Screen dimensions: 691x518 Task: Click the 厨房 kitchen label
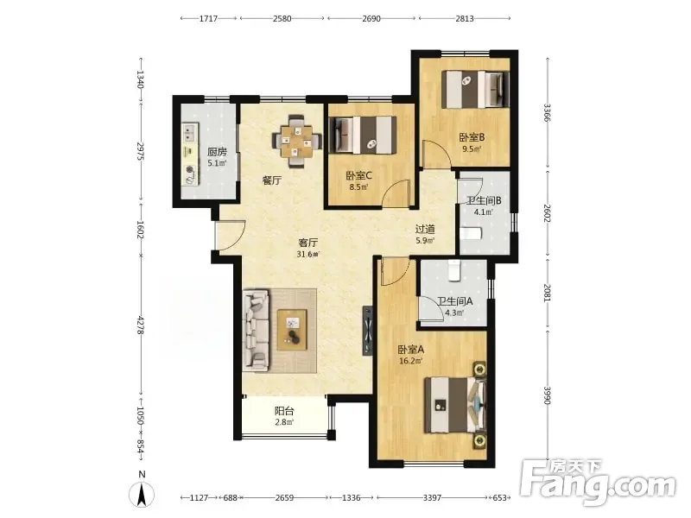pyautogui.click(x=217, y=152)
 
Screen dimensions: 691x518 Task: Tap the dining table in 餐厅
pyautogui.click(x=295, y=142)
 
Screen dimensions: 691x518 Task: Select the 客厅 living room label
pyautogui.click(x=308, y=243)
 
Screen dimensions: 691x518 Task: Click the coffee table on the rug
pyautogui.click(x=292, y=330)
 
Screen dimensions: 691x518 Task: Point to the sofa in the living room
pyautogui.click(x=256, y=329)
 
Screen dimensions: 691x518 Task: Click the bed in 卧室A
pyautogui.click(x=455, y=405)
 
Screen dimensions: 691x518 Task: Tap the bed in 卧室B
pyautogui.click(x=475, y=90)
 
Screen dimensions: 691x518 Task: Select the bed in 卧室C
pyautogui.click(x=363, y=135)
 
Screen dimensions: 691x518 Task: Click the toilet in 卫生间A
pyautogui.click(x=454, y=270)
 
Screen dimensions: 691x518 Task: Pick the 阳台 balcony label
pyautogui.click(x=284, y=411)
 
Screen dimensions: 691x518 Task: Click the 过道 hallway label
pyautogui.click(x=425, y=230)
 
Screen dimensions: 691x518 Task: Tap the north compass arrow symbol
pyautogui.click(x=142, y=493)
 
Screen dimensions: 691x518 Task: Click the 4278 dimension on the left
pyautogui.click(x=140, y=326)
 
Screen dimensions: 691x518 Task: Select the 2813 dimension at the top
pyautogui.click(x=465, y=18)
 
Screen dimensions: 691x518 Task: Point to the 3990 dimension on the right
pyautogui.click(x=548, y=395)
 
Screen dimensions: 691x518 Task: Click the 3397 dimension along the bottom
pyautogui.click(x=432, y=498)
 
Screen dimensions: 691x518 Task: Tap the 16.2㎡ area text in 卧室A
pyautogui.click(x=410, y=362)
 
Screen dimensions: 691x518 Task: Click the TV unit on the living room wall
pyautogui.click(x=368, y=331)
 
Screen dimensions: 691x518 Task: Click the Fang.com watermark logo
pyautogui.click(x=598, y=483)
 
